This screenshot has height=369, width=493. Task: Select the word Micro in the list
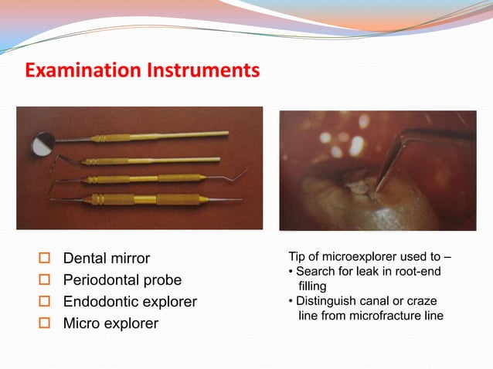coord(82,323)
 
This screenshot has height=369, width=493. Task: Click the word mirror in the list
coord(128,258)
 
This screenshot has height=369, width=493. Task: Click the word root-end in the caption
coord(414,271)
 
